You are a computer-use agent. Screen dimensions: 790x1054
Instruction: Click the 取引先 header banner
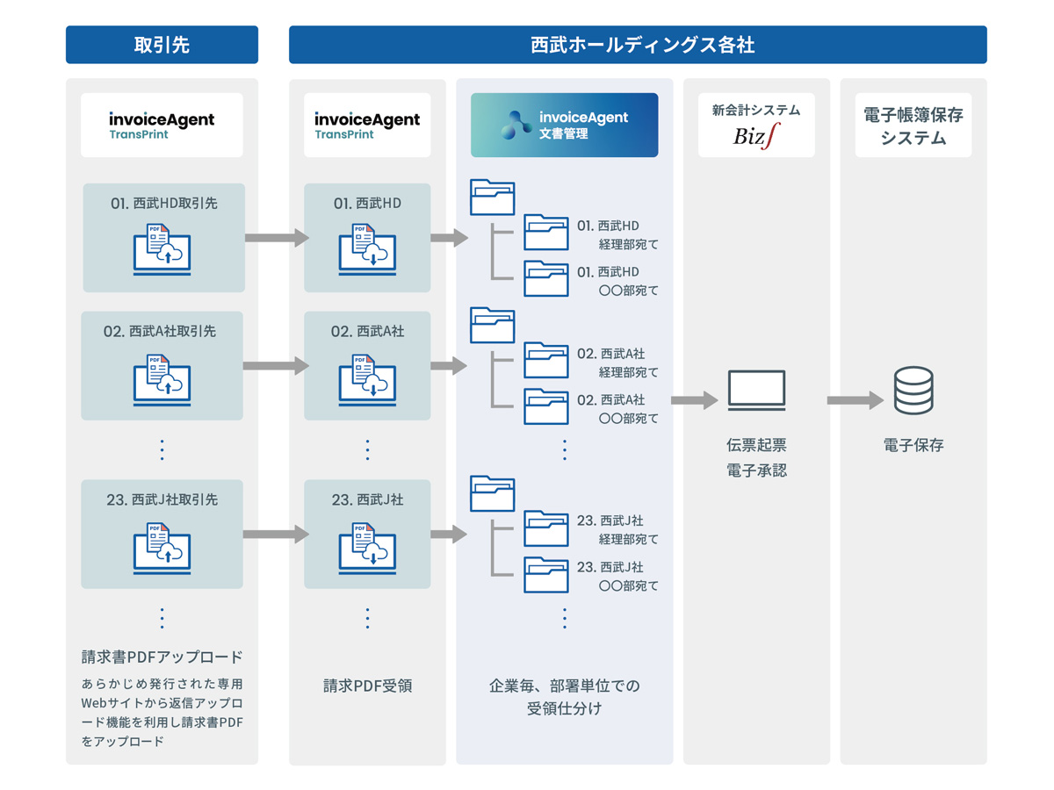click(162, 45)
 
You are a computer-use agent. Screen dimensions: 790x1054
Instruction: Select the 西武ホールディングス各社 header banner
click(638, 45)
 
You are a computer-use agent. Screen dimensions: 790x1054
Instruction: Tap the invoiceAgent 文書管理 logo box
click(564, 125)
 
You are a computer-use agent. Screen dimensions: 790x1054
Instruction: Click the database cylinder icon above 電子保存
click(913, 391)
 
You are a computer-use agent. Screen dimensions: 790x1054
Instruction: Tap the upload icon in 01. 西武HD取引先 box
click(162, 249)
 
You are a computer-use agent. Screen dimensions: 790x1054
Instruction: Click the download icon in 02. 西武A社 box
click(367, 377)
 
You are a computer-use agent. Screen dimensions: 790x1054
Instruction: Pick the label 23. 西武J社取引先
click(162, 499)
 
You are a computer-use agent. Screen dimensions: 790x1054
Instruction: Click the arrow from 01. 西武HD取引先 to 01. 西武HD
click(277, 238)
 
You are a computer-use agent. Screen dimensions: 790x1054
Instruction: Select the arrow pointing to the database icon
click(855, 400)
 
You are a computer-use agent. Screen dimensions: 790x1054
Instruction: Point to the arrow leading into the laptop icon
click(695, 400)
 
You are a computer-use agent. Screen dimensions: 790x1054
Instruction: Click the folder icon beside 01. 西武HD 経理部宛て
click(546, 233)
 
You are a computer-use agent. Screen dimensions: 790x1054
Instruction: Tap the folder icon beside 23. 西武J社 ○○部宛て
click(546, 575)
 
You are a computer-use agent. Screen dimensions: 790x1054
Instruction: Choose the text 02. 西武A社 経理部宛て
click(617, 363)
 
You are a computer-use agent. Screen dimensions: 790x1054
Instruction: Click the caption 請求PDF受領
click(367, 686)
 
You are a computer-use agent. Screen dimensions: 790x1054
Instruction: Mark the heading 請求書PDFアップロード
click(162, 657)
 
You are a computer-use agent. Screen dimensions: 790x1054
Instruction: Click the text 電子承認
click(756, 470)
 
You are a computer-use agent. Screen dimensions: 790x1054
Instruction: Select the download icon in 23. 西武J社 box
click(367, 546)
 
